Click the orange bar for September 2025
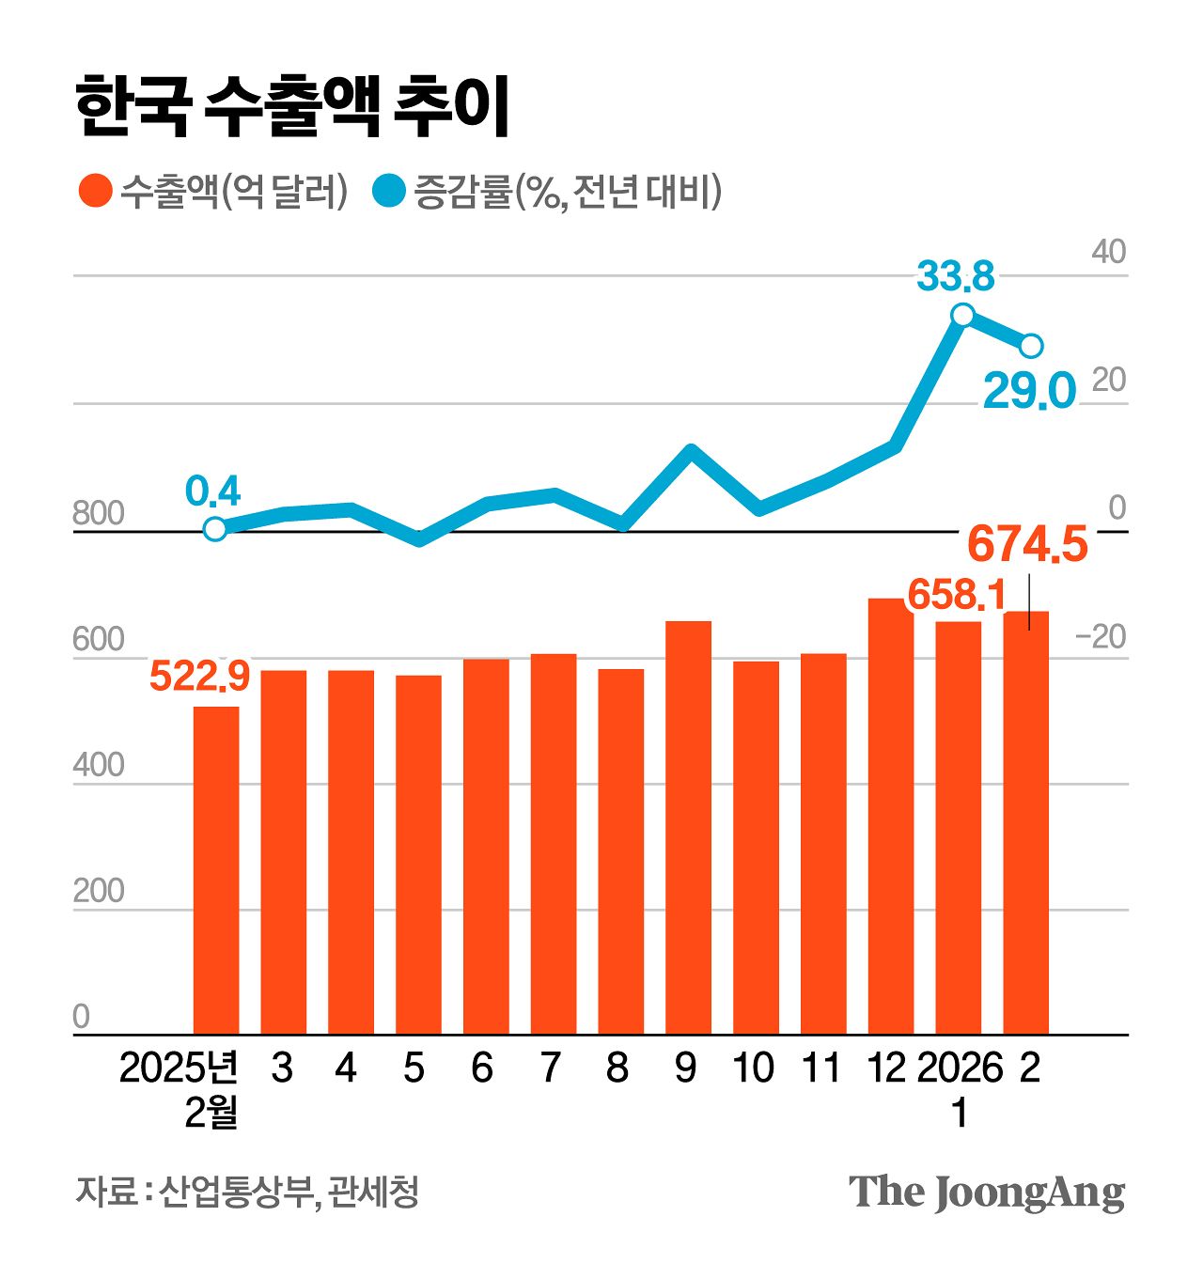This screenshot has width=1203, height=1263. coord(688,827)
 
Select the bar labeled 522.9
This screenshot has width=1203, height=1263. coord(216,869)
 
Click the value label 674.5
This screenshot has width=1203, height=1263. coord(1027,545)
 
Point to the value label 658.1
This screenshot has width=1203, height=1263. coord(956,595)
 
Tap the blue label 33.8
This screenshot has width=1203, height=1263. coord(955,276)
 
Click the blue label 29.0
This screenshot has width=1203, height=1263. coord(1028,391)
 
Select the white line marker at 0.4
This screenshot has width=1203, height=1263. coord(215,529)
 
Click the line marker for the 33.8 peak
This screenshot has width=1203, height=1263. coord(962,315)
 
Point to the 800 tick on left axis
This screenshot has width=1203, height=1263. coord(98,514)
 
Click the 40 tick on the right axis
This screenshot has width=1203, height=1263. coord(1108,252)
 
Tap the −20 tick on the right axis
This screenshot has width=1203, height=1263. coord(1100,637)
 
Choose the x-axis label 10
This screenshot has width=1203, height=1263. coord(753,1068)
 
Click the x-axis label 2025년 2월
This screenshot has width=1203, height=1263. coord(180,1090)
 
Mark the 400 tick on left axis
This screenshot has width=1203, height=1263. coord(98,766)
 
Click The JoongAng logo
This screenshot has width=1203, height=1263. coord(987,1193)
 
